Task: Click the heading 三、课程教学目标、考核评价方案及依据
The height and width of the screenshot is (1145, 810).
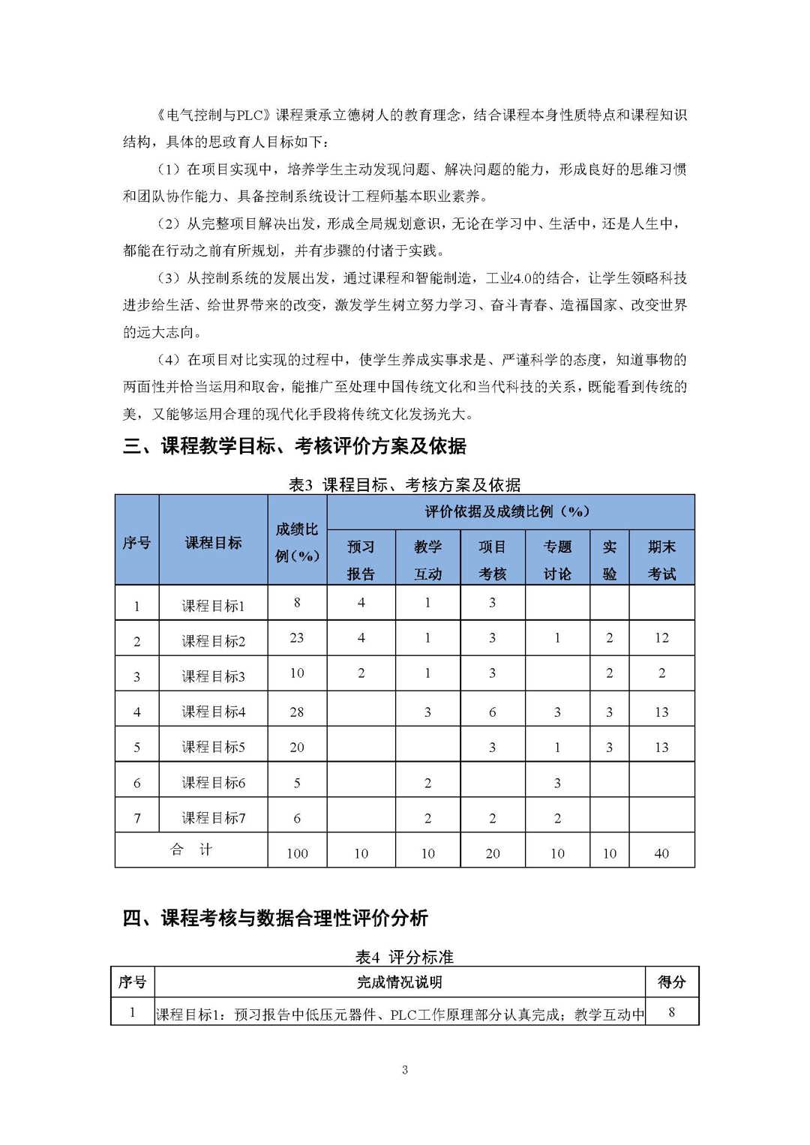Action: [294, 447]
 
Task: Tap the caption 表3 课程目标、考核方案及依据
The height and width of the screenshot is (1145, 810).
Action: [404, 484]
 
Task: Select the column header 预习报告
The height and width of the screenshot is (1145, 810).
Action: [361, 560]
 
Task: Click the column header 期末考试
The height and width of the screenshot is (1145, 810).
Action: [661, 560]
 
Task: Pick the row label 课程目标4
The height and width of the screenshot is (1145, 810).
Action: [214, 712]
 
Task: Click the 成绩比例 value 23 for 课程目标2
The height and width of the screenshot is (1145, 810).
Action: [297, 638]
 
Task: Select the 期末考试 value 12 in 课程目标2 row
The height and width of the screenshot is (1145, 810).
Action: [661, 638]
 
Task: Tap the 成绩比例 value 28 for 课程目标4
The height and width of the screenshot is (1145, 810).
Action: [297, 712]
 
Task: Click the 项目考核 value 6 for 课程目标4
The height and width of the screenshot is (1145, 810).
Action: [492, 712]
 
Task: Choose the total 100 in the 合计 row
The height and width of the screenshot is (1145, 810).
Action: [297, 853]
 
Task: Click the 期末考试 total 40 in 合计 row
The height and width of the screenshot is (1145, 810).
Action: [661, 853]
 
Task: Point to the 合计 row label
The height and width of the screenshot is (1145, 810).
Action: [191, 850]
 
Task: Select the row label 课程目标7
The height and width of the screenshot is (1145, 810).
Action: [214, 818]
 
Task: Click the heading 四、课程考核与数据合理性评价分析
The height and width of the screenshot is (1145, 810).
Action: [275, 918]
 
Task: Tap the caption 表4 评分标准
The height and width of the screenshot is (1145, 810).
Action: [404, 958]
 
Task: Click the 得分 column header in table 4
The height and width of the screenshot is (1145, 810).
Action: [671, 982]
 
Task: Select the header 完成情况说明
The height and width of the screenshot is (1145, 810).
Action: [399, 982]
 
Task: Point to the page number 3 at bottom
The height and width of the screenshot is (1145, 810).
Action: [405, 1070]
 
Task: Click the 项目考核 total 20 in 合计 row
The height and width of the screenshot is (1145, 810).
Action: [492, 853]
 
